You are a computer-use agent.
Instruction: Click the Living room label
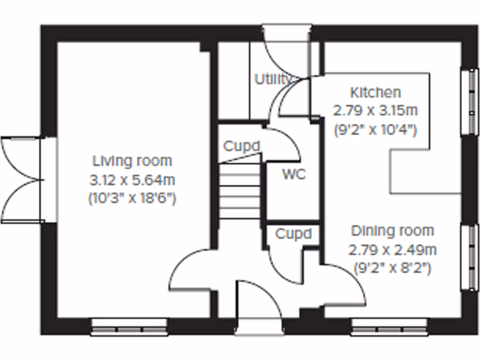(x=132, y=161)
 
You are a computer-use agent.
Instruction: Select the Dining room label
(x=392, y=231)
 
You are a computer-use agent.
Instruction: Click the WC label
(x=294, y=174)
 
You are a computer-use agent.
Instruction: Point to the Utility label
(x=273, y=79)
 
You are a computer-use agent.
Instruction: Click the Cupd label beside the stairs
(x=241, y=147)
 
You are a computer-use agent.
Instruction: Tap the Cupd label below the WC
(x=293, y=233)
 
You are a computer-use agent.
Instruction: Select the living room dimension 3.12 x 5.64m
(x=132, y=180)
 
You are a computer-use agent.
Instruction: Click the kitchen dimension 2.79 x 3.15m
(x=375, y=111)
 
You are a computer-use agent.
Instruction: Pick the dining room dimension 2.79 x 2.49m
(x=392, y=250)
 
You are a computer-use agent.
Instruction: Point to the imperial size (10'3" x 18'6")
(x=132, y=199)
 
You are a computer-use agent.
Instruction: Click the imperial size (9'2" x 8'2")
(x=392, y=269)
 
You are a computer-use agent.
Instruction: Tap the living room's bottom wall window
(x=129, y=327)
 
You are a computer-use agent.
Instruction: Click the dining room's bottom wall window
(x=390, y=327)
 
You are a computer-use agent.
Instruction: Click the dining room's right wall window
(x=469, y=257)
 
